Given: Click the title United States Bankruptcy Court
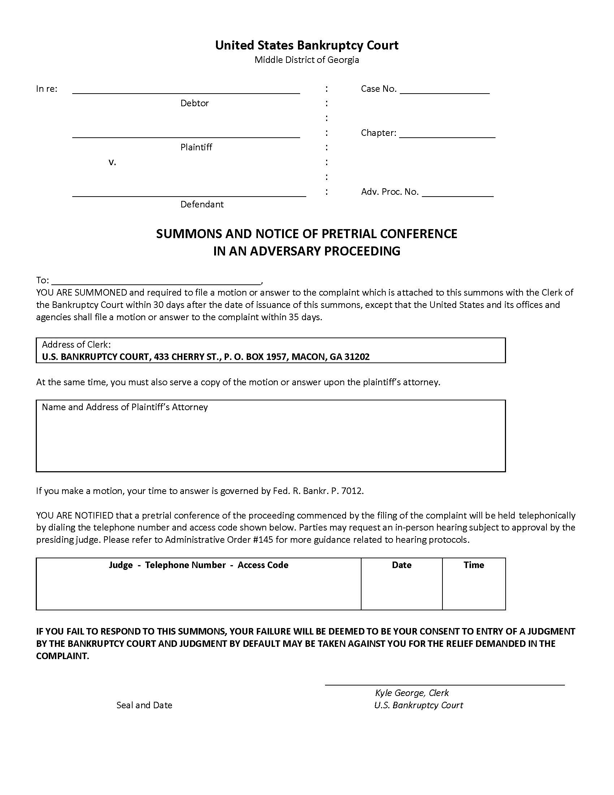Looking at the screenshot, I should tap(307, 45).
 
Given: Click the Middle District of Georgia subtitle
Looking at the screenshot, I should tap(307, 60).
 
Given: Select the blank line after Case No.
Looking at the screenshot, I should tap(445, 90).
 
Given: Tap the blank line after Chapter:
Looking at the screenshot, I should tap(447, 134).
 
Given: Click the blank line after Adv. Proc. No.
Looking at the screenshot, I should tap(458, 193).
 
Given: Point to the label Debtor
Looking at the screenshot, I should tap(195, 103).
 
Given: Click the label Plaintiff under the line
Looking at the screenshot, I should tap(196, 147).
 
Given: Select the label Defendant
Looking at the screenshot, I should tap(202, 205).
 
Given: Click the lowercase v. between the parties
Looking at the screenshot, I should tap(112, 162).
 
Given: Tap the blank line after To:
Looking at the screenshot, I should tap(156, 281).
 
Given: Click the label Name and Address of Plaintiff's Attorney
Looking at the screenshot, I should tap(125, 407).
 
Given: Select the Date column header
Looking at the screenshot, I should tap(402, 565).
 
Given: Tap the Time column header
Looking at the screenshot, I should tap(474, 565).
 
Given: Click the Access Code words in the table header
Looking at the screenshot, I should tap(263, 565).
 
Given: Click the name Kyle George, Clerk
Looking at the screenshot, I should tap(412, 693).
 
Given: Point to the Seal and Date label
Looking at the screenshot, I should tap(144, 705).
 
